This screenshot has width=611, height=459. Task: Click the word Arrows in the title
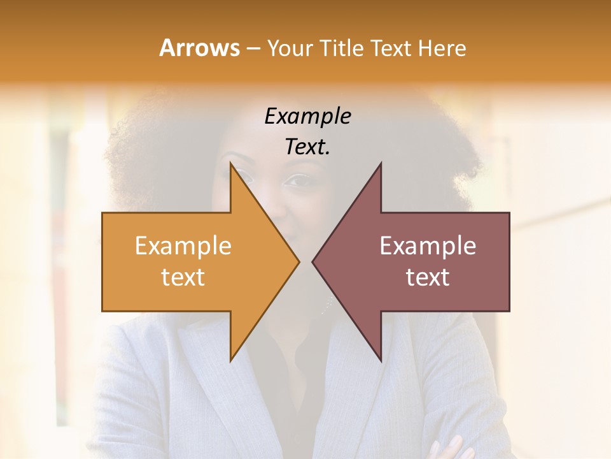(199, 48)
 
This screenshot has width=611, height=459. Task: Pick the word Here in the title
(442, 48)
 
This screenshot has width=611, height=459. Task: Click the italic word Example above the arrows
(307, 116)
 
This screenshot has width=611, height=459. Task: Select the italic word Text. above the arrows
(307, 147)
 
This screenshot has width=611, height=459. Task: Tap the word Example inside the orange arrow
(183, 246)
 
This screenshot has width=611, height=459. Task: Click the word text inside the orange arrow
(183, 277)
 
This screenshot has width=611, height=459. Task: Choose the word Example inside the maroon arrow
(428, 246)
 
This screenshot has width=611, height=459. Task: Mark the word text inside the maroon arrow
(428, 277)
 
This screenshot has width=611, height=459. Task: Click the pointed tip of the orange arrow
(298, 261)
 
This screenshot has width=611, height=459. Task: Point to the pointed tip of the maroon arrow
(313, 261)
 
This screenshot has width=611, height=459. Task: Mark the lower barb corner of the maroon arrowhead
(381, 360)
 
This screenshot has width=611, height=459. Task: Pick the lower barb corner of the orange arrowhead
(230, 360)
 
